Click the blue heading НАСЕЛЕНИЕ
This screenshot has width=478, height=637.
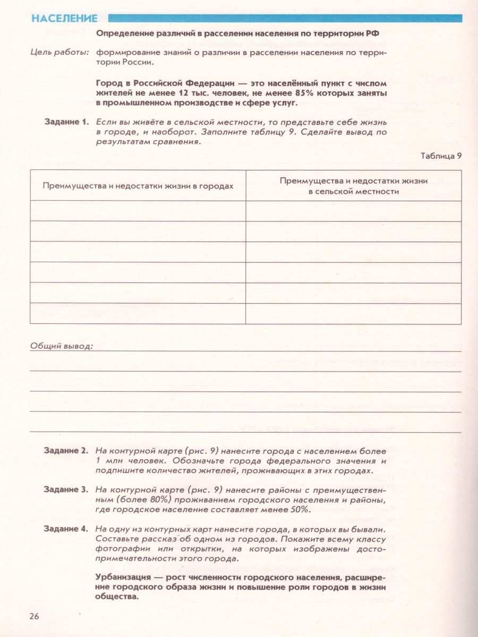tap(64, 19)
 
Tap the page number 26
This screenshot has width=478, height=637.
tap(34, 616)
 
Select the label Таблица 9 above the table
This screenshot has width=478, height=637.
tap(441, 156)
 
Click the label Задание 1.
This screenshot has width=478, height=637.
tap(66, 122)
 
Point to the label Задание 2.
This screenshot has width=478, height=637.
tap(66, 451)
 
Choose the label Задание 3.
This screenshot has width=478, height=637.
tap(66, 489)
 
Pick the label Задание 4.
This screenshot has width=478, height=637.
tap(66, 529)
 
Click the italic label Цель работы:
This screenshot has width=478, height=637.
tap(60, 52)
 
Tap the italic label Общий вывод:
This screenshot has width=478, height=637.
tap(62, 346)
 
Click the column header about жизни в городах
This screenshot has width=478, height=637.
tap(138, 186)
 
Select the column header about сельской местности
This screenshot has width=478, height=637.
tap(353, 186)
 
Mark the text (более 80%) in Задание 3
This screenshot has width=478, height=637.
tap(122, 500)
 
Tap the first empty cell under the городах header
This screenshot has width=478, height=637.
tap(138, 211)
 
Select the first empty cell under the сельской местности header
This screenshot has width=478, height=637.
tap(353, 211)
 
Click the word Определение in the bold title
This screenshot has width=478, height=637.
tap(125, 33)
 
